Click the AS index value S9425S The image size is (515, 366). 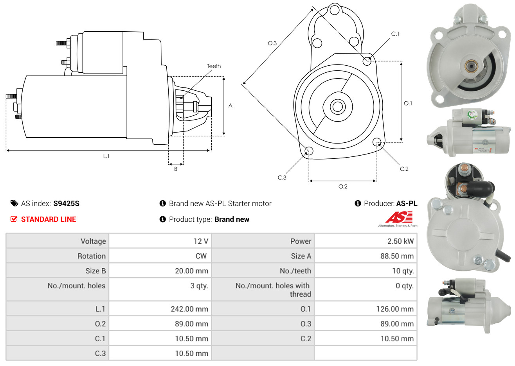point(66,204)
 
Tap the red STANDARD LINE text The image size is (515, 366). point(49,219)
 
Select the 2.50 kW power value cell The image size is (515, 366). point(400,241)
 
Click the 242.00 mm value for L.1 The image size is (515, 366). point(189,309)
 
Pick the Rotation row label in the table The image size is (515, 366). point(92,256)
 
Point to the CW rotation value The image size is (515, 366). point(201,256)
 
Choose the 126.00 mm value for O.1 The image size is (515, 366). point(395,309)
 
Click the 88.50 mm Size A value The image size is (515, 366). point(397,256)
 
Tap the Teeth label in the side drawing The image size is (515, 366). point(214,66)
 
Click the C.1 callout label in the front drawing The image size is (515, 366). point(395,34)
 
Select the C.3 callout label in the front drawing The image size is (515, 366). point(282,178)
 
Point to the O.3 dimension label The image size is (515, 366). point(272,43)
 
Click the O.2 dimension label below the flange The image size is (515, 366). point(343,187)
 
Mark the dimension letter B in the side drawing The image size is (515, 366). point(176,169)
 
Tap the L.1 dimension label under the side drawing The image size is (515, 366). point(106,156)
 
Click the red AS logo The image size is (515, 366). point(400,217)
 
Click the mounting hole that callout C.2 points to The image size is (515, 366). point(377,142)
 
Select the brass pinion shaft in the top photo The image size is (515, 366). point(471,66)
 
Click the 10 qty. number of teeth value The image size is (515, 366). point(403,271)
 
